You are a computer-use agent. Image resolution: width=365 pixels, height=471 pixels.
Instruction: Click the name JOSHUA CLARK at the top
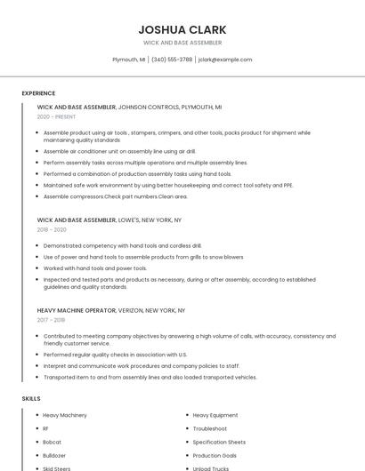pyautogui.click(x=182, y=29)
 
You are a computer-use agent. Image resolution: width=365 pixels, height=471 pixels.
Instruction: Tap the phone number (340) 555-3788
pyautogui.click(x=172, y=60)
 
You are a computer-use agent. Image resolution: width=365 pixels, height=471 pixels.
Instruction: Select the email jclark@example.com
pyautogui.click(x=225, y=60)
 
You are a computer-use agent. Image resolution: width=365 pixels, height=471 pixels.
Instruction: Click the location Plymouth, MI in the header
pyautogui.click(x=129, y=60)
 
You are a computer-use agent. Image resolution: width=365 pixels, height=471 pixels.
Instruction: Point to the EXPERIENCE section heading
pyautogui.click(x=38, y=93)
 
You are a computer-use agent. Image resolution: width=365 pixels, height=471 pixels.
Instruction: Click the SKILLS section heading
pyautogui.click(x=31, y=399)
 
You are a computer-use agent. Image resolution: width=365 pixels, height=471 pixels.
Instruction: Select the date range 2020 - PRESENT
pyautogui.click(x=56, y=116)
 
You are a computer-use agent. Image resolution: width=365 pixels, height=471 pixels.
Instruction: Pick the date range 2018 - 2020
pyautogui.click(x=52, y=229)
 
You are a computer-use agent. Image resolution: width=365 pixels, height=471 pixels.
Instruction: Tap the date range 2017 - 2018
pyautogui.click(x=51, y=320)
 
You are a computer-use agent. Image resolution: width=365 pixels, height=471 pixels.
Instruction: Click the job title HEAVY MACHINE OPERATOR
pyautogui.click(x=77, y=311)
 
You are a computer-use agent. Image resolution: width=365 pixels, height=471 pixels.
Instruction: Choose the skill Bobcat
pyautogui.click(x=52, y=442)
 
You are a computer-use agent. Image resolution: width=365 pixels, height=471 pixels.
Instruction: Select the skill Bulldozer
pyautogui.click(x=54, y=455)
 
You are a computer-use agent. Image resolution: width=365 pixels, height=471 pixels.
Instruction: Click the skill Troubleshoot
pyautogui.click(x=209, y=428)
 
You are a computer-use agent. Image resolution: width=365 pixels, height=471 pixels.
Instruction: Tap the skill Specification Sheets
pyautogui.click(x=219, y=442)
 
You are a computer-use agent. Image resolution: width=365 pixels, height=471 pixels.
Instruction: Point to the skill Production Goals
pyautogui.click(x=215, y=455)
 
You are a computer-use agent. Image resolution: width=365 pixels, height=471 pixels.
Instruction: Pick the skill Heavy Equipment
pyautogui.click(x=215, y=415)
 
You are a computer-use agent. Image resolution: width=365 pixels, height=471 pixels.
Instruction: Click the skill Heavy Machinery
pyautogui.click(x=65, y=415)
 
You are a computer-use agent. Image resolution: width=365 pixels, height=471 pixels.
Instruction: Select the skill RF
pyautogui.click(x=46, y=428)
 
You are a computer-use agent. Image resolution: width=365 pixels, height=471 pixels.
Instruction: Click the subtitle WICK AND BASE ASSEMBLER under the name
pyautogui.click(x=182, y=43)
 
